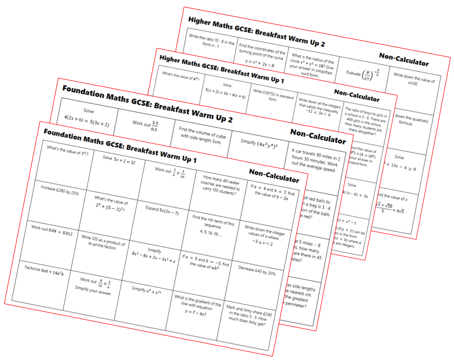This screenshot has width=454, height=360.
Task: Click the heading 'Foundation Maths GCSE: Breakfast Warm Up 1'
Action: point(120,137)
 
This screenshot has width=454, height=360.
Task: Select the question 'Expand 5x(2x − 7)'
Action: point(162,212)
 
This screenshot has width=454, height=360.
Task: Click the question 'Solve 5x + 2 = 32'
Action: point(119,160)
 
